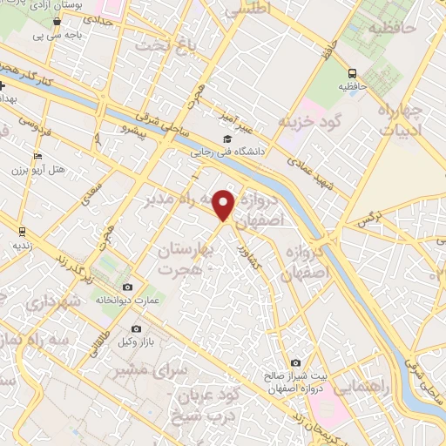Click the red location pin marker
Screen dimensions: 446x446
tap(225, 205)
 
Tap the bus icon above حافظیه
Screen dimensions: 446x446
tap(353, 74)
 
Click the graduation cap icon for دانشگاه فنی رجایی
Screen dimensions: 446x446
tap(227, 139)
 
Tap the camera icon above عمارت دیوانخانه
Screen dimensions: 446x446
tap(128, 287)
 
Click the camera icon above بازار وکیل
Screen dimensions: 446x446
tap(136, 328)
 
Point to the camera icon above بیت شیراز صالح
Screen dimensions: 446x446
tap(296, 362)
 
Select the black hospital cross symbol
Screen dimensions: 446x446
tap(3, 85)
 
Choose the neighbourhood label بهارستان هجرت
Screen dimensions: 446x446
tap(185, 259)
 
